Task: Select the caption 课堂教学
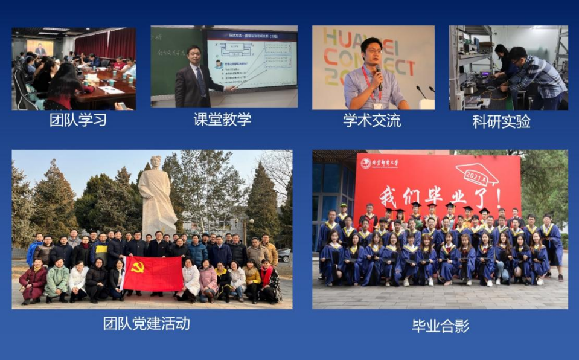coord(222,120)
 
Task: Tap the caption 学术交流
coord(372,120)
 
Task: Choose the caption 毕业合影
coord(440,326)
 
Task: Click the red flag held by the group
coord(153,273)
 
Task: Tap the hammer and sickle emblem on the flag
coord(138,266)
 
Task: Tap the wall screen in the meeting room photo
coord(40,48)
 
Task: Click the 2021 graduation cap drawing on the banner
coord(477,173)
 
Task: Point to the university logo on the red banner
coord(366,163)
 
